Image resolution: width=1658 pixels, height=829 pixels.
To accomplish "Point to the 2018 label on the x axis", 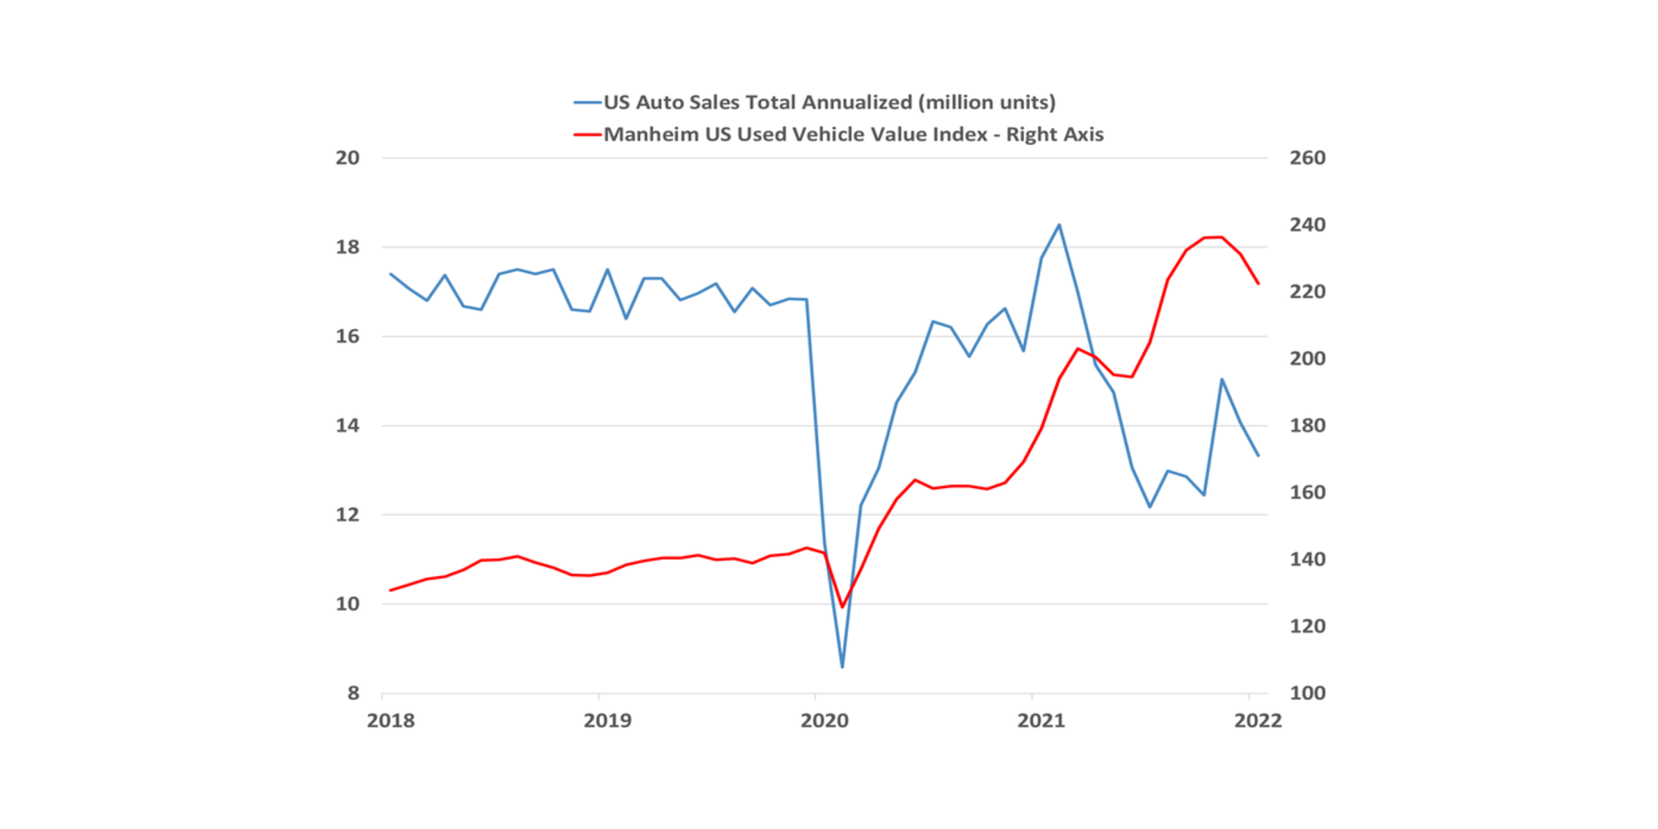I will pyautogui.click(x=391, y=720).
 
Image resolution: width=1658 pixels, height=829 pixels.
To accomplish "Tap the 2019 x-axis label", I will pyautogui.click(x=607, y=720).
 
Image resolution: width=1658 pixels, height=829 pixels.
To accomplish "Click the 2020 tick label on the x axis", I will pyautogui.click(x=824, y=720).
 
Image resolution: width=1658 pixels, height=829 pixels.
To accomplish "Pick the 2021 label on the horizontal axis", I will pyautogui.click(x=1041, y=720).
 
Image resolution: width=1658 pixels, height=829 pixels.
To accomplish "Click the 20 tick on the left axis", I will pyautogui.click(x=348, y=158).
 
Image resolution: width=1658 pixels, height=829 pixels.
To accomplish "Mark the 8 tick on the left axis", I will pyautogui.click(x=353, y=693).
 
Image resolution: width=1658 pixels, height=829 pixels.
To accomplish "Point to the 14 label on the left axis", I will pyautogui.click(x=348, y=426).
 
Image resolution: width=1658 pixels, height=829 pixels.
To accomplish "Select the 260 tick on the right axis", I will pyautogui.click(x=1307, y=158).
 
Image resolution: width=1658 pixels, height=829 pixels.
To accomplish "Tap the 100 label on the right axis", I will pyautogui.click(x=1307, y=693).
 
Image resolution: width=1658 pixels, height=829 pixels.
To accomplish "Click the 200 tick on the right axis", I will pyautogui.click(x=1307, y=358).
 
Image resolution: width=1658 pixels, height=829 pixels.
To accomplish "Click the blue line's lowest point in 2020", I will pyautogui.click(x=842, y=667).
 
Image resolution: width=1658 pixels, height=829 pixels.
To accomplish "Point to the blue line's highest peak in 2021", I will pyautogui.click(x=1059, y=225).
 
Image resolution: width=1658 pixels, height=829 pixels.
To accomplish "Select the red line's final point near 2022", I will pyautogui.click(x=1258, y=284).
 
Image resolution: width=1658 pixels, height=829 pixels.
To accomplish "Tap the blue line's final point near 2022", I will pyautogui.click(x=1258, y=455).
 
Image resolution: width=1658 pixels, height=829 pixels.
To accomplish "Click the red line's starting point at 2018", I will pyautogui.click(x=391, y=590).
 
